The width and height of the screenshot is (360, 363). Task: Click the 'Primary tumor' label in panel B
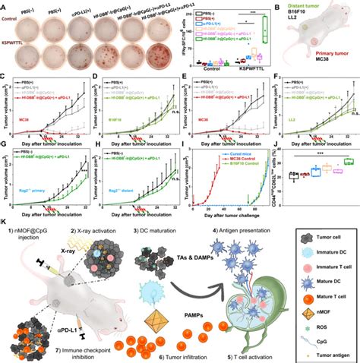tap(311, 55)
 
